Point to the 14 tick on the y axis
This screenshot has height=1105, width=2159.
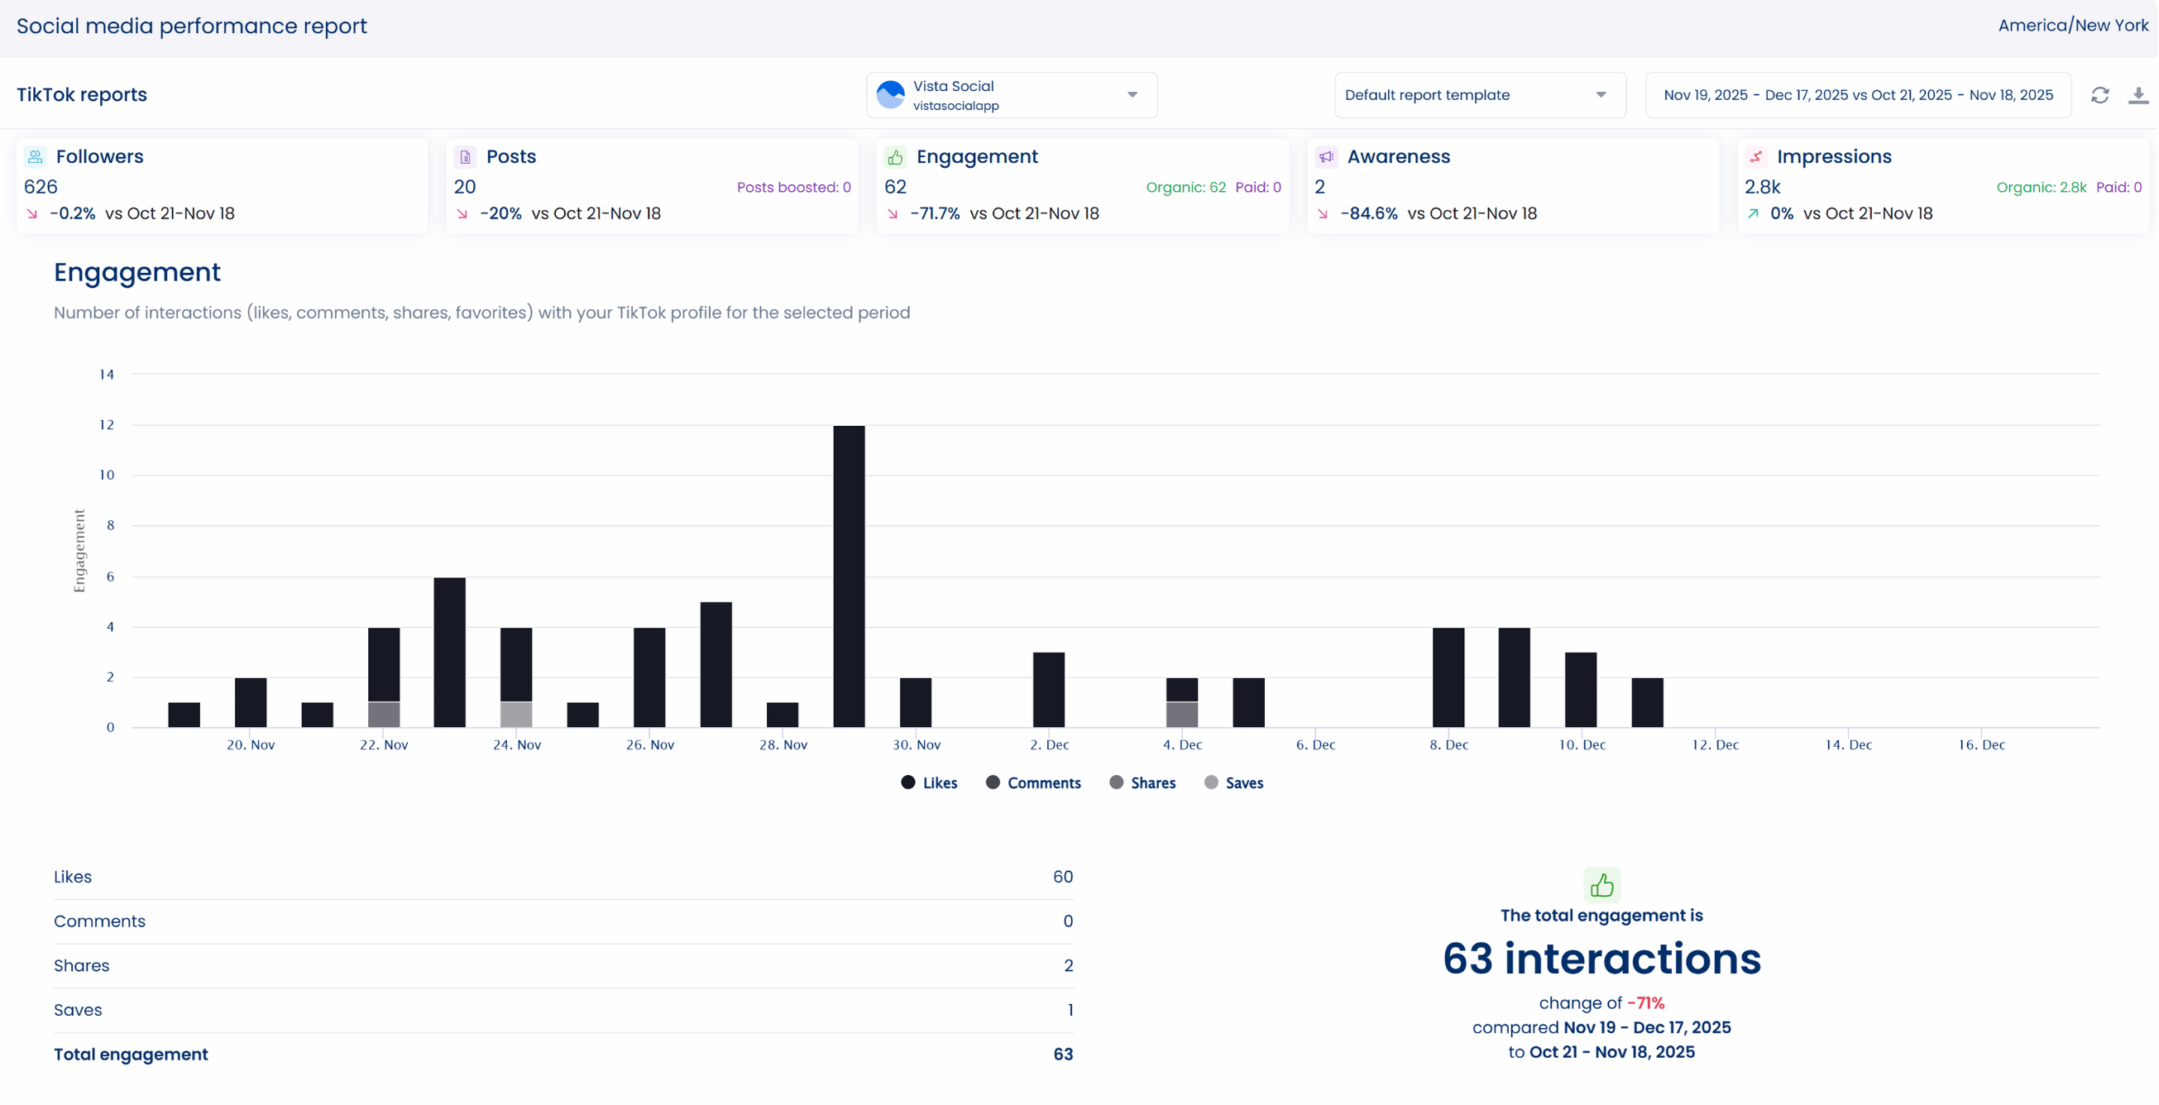107,375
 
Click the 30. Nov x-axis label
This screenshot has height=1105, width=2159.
916,744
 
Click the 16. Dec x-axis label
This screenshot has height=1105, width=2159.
1980,744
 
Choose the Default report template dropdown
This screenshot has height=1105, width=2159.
1479,95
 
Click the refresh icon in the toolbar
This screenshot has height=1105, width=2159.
2099,95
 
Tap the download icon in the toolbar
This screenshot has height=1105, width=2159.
2138,95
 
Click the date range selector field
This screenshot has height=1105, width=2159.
1857,95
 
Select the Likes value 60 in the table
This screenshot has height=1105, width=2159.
1062,877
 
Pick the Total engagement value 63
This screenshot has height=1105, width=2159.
1063,1055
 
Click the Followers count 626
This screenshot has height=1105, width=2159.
41,187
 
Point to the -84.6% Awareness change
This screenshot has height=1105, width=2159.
1369,213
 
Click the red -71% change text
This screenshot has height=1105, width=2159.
1645,1003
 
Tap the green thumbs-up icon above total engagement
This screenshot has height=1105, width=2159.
1601,885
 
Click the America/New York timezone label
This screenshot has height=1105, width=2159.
2073,25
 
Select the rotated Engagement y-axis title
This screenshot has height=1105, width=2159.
79,550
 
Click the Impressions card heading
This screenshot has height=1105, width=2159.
1834,156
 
